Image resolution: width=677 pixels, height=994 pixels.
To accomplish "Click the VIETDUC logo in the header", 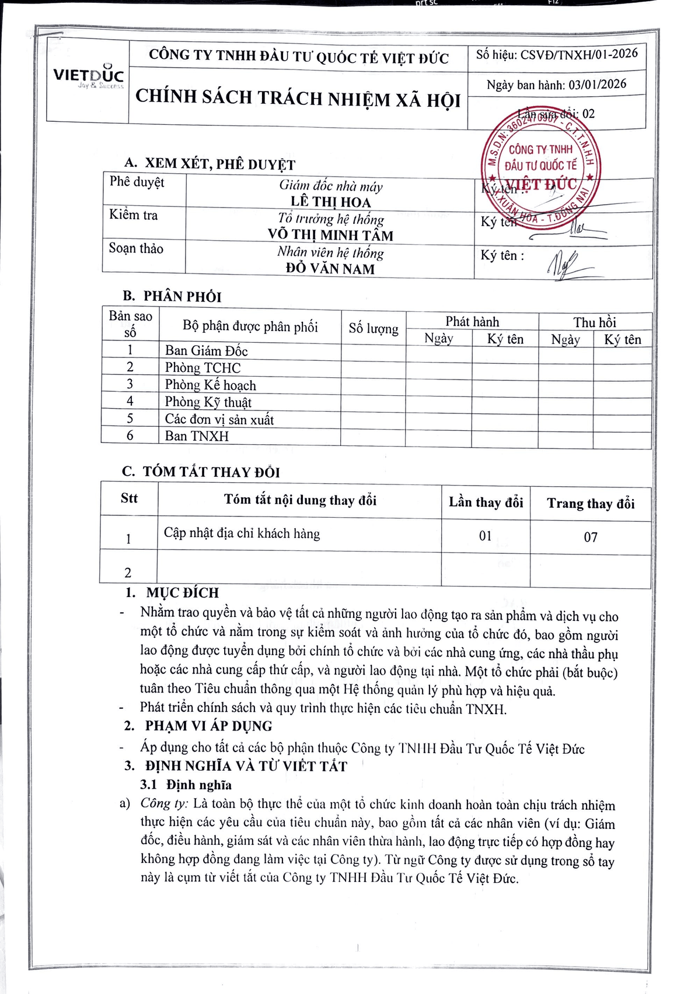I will pyautogui.click(x=88, y=77).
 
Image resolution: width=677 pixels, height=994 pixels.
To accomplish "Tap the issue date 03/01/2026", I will pyautogui.click(x=597, y=84).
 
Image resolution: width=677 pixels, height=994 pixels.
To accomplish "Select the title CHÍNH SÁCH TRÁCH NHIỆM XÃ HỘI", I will pyautogui.click(x=298, y=98).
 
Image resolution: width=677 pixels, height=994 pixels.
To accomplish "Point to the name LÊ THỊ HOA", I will pyautogui.click(x=331, y=202).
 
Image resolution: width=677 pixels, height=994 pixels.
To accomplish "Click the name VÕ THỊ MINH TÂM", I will pyautogui.click(x=330, y=235).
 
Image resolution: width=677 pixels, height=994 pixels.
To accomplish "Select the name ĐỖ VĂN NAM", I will pyautogui.click(x=330, y=269).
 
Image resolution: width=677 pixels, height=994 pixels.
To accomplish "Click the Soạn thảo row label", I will pyautogui.click(x=136, y=248).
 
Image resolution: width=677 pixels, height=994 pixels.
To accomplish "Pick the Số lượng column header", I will pyautogui.click(x=374, y=329).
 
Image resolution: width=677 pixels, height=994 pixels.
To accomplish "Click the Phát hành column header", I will pyautogui.click(x=472, y=322).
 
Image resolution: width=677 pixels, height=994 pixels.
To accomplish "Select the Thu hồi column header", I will pyautogui.click(x=594, y=322).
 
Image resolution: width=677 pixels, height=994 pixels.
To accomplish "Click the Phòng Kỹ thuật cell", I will pyautogui.click(x=208, y=402).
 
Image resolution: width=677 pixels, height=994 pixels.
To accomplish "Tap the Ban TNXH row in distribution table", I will pyautogui.click(x=197, y=436).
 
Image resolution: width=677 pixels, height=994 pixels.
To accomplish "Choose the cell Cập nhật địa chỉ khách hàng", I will pyautogui.click(x=242, y=533).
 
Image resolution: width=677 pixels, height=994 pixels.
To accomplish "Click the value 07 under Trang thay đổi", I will pyautogui.click(x=591, y=537).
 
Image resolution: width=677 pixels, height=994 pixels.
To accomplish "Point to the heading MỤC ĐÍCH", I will pyautogui.click(x=182, y=593).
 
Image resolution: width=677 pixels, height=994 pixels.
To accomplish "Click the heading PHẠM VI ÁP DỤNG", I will pyautogui.click(x=208, y=726).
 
